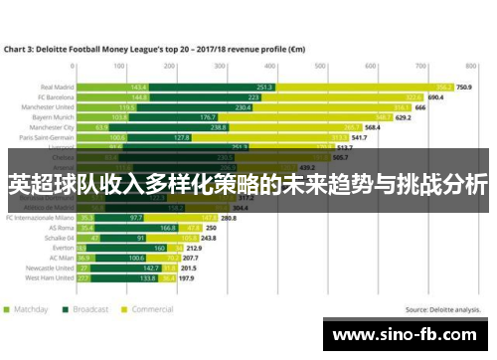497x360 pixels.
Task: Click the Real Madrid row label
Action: [x=54, y=87]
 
